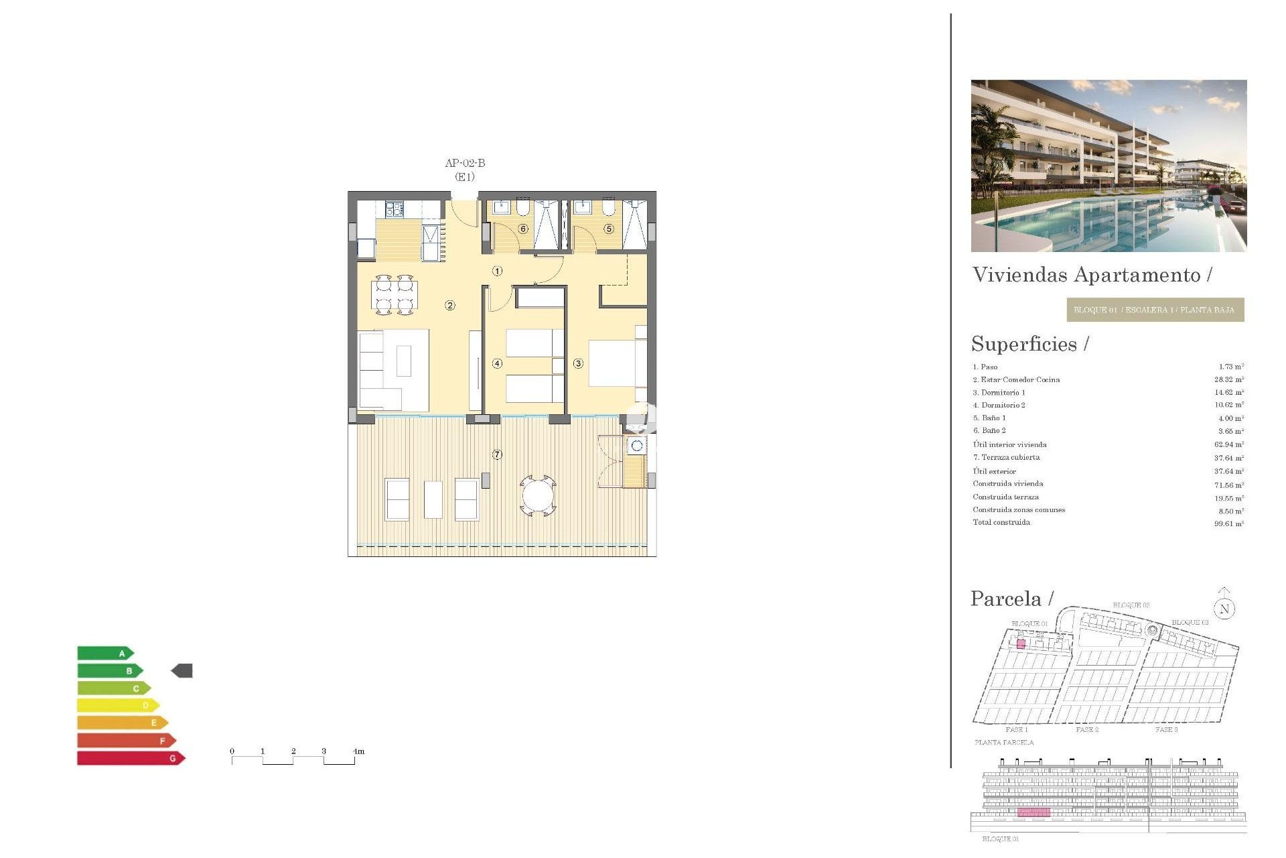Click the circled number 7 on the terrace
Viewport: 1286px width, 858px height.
pos(497,454)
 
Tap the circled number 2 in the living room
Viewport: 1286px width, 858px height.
pos(450,306)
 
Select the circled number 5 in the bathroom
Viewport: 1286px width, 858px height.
pos(609,229)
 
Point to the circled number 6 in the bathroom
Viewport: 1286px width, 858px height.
pos(523,229)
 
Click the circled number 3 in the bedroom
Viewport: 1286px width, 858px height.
pos(578,363)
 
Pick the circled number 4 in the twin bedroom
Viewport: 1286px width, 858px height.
pos(497,363)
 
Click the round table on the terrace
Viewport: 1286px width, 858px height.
pos(538,497)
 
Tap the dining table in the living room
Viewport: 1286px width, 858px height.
pos(395,295)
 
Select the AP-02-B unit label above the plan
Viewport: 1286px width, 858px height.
pos(465,163)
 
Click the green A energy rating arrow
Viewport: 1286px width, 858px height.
pos(105,653)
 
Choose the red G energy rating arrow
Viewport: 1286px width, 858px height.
pos(131,758)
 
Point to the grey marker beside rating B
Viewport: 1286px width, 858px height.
pos(182,670)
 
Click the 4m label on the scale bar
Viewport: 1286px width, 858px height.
pos(359,751)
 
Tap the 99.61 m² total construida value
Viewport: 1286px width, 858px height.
pos(1229,524)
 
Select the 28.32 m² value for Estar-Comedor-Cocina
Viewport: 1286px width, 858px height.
pos(1229,379)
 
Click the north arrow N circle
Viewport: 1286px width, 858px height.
pos(1224,609)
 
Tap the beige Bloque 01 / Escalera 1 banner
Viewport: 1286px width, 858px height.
pos(1155,310)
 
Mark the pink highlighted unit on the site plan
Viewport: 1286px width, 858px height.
pos(1021,644)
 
